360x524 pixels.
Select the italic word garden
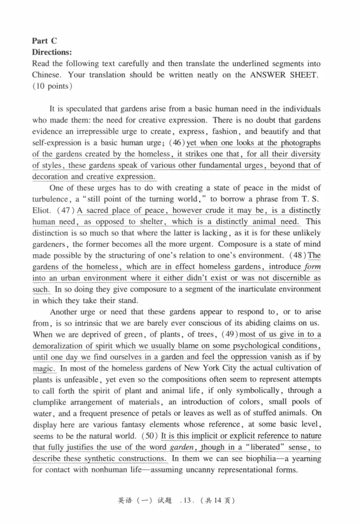coord(182,447)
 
